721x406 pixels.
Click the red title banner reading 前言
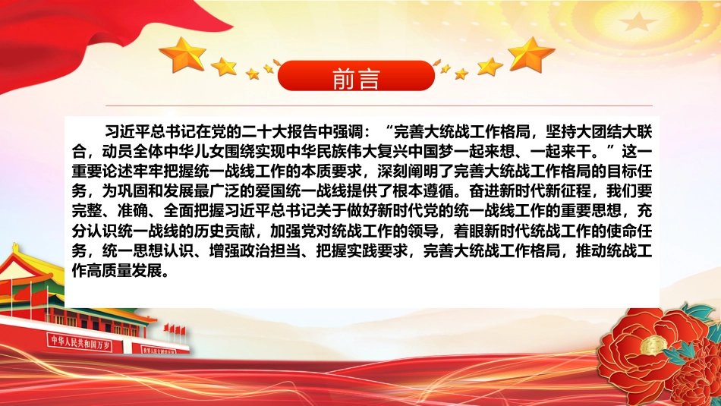(356, 76)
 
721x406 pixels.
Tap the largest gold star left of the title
(183, 55)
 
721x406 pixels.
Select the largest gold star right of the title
(531, 55)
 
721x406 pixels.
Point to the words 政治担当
(270, 251)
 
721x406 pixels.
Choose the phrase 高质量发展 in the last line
(125, 270)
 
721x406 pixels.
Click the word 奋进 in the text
(484, 190)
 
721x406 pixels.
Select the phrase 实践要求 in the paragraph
(377, 251)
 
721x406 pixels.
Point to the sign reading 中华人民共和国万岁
(80, 343)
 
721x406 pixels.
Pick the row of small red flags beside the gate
(175, 329)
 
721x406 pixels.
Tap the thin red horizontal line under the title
(379, 105)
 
